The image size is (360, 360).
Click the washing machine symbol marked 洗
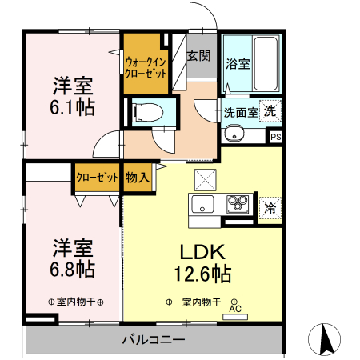coord(270,110)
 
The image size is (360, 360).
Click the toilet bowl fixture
coord(147,111)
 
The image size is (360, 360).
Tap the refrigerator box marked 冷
coord(270,206)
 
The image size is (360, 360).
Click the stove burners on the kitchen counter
coord(237,202)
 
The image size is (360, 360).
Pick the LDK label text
coord(202,250)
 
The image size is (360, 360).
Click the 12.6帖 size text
coord(202,274)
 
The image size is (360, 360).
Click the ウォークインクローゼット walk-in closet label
coord(145,66)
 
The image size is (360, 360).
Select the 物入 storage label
coord(137,178)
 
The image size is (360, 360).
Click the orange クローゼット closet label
coord(98,178)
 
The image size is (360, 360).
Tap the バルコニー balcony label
coord(154,340)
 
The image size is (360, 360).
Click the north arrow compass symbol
coord(326,339)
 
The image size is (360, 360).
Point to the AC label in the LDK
coord(235,309)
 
